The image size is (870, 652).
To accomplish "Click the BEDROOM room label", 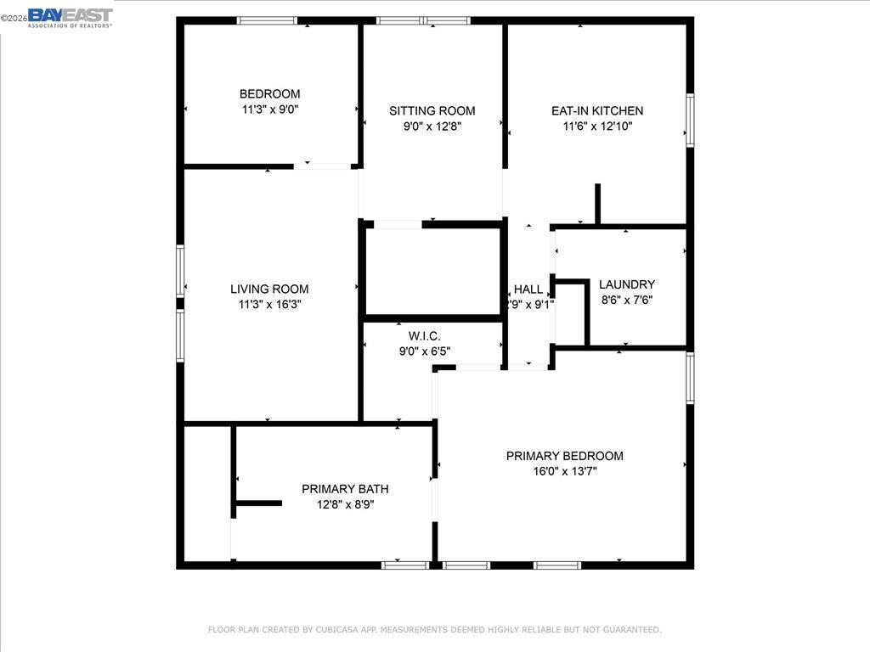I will (269, 94).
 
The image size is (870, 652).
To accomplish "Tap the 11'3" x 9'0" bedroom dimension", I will (269, 110).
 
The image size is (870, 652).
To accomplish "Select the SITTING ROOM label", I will (432, 111).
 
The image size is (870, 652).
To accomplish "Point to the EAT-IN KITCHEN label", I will (597, 111).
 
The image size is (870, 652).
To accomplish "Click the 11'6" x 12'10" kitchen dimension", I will (597, 126).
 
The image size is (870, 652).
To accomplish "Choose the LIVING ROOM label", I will (269, 289).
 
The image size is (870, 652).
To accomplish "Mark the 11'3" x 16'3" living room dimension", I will (269, 305).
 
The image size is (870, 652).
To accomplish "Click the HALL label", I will (528, 289).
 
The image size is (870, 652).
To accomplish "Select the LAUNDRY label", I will (627, 284).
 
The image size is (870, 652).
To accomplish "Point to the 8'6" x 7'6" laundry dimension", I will (627, 300).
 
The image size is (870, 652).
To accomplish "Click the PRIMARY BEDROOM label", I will (564, 456).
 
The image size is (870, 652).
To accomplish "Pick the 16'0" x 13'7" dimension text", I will (564, 471).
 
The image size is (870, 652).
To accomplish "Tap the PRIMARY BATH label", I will (345, 489).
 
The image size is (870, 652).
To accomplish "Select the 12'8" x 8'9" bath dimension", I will (345, 504).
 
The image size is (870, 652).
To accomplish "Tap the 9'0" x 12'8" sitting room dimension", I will (432, 126).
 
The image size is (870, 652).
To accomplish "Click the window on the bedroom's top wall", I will (267, 20).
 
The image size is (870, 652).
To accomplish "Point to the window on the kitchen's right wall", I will (690, 121).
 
